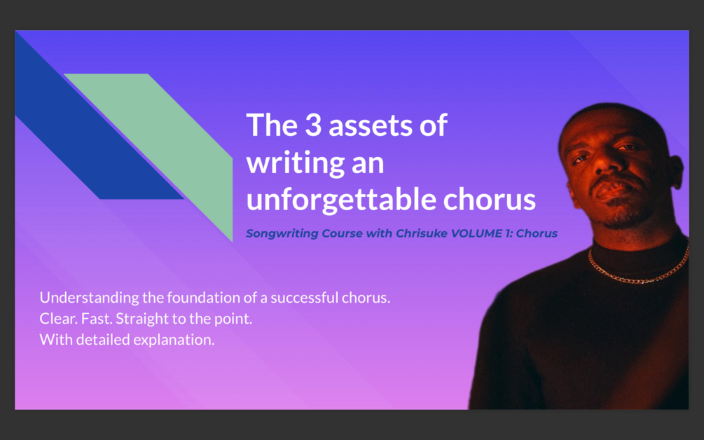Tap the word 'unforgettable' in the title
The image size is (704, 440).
coord(341,200)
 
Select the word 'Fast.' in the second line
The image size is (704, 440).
coord(96,319)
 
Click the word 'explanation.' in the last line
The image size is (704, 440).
coord(181,341)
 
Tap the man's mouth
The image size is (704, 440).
coord(609,191)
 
